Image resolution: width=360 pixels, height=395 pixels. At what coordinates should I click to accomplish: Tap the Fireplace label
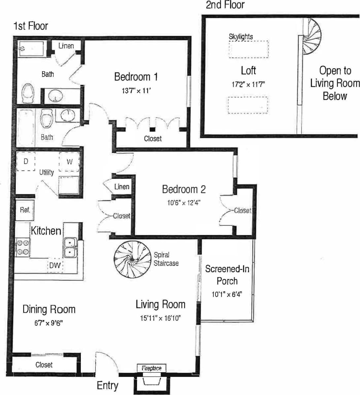pyautogui.click(x=151, y=368)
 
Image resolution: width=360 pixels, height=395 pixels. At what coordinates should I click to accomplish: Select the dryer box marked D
pyautogui.click(x=26, y=162)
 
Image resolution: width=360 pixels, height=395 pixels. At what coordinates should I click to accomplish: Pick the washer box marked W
pyautogui.click(x=69, y=162)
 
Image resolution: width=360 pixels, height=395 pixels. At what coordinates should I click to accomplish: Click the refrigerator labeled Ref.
pyautogui.click(x=25, y=210)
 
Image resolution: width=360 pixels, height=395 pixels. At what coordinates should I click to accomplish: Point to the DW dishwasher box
pyautogui.click(x=54, y=265)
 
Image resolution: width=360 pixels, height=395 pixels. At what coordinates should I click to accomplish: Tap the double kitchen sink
pyautogui.click(x=70, y=247)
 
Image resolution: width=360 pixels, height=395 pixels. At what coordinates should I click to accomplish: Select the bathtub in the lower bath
pyautogui.click(x=26, y=128)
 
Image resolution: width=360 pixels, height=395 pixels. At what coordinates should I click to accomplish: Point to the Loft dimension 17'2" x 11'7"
pyautogui.click(x=248, y=84)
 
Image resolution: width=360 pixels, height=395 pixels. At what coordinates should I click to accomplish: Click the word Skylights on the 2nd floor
pyautogui.click(x=241, y=37)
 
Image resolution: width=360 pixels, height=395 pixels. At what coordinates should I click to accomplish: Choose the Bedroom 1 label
pyautogui.click(x=136, y=77)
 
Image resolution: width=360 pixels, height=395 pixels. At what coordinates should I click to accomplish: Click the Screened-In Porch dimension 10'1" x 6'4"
pyautogui.click(x=227, y=294)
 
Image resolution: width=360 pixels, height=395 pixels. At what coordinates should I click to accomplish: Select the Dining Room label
pyautogui.click(x=49, y=309)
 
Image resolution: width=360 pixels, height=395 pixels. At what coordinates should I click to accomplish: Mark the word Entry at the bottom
pyautogui.click(x=107, y=385)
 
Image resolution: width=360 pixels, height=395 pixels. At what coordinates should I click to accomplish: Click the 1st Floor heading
pyautogui.click(x=31, y=26)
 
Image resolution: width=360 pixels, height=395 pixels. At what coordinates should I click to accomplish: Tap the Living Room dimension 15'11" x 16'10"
pyautogui.click(x=160, y=318)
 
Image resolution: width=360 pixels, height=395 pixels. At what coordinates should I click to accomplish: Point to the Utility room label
pyautogui.click(x=46, y=172)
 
